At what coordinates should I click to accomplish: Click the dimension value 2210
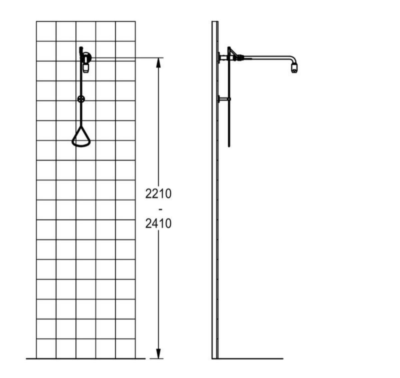(158, 194)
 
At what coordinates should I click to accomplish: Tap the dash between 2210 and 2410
(160, 210)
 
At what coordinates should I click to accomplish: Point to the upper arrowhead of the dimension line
(159, 63)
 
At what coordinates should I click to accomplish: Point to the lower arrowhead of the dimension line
(159, 354)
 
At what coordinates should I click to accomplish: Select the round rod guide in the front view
(81, 99)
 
